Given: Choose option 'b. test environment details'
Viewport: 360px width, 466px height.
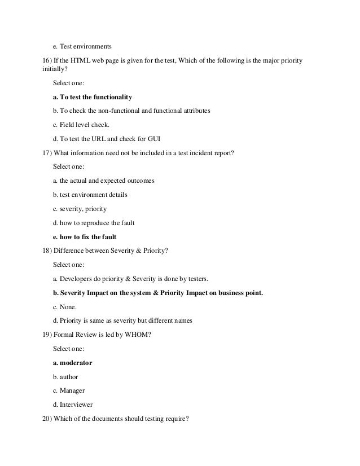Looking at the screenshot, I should pyautogui.click(x=90, y=195).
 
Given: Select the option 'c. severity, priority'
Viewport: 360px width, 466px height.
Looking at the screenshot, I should pyautogui.click(x=80, y=209).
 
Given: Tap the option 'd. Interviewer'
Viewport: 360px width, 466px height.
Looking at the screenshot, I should pyautogui.click(x=73, y=405).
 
